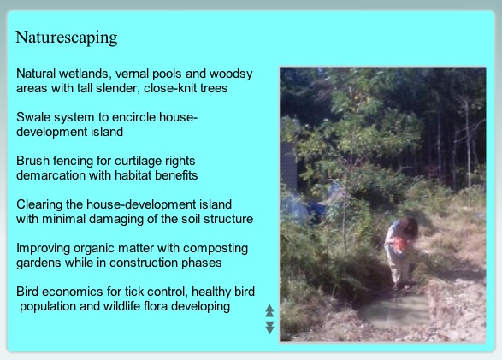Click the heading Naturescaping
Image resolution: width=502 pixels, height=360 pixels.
click(x=67, y=38)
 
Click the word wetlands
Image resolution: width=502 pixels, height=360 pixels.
click(x=85, y=74)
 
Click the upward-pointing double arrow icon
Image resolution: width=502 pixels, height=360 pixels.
click(x=269, y=310)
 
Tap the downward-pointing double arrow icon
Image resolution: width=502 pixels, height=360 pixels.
click(x=270, y=328)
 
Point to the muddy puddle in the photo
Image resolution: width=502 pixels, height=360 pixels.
click(x=394, y=311)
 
